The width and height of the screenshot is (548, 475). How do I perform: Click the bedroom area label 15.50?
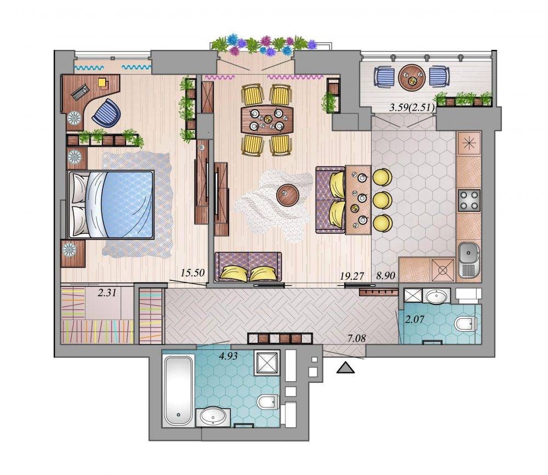pos(192,273)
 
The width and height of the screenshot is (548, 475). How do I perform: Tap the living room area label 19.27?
pos(352,276)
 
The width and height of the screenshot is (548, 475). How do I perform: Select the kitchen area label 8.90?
pos(385,276)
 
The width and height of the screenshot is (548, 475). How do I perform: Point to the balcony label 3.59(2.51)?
pos(412,108)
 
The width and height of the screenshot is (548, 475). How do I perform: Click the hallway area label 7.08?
pos(357,338)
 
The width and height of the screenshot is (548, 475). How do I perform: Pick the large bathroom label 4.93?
pos(228,356)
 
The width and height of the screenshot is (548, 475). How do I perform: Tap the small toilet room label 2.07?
pos(414,319)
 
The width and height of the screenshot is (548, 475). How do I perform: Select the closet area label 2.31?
pos(107,292)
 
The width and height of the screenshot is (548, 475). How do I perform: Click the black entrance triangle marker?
pos(345,367)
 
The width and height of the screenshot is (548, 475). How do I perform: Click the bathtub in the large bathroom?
pos(179,391)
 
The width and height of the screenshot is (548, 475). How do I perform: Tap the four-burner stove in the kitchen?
pos(469,200)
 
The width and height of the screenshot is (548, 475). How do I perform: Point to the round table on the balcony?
pos(412,77)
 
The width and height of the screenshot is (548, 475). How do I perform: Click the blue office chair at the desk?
pos(107,112)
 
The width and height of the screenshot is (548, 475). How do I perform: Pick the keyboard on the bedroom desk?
pos(81,92)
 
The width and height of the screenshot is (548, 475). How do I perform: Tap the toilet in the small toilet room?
pos(466,324)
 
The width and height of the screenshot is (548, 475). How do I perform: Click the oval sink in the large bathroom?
pos(213,417)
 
